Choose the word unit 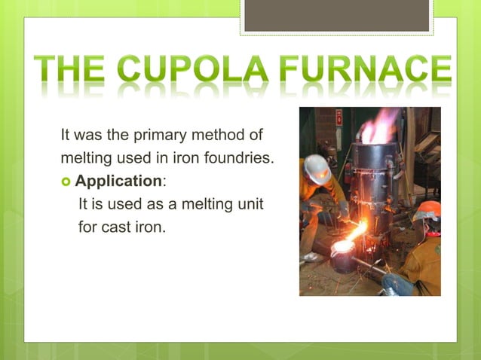pos(249,204)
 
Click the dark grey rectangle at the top pos(336,15)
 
